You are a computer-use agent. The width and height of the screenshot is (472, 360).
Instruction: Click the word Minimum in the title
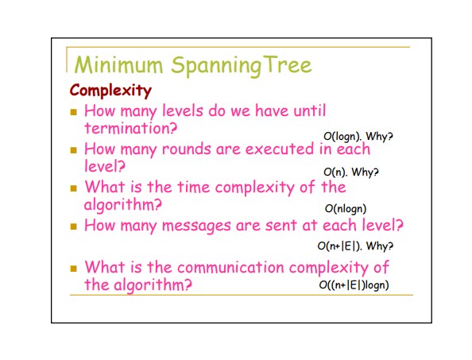click(x=118, y=64)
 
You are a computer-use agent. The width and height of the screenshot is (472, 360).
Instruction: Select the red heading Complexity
click(x=110, y=91)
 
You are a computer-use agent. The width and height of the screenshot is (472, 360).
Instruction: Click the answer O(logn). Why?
click(x=358, y=137)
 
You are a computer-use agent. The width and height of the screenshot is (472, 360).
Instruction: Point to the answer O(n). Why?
click(x=351, y=172)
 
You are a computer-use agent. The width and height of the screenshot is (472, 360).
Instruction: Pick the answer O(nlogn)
click(x=346, y=208)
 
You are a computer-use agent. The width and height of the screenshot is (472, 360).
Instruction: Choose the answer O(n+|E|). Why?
click(x=355, y=246)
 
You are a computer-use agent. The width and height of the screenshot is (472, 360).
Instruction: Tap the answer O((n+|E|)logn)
click(x=354, y=285)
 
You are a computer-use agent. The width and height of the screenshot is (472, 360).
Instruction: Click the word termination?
click(x=130, y=128)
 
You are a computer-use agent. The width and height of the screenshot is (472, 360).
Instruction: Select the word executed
click(x=280, y=149)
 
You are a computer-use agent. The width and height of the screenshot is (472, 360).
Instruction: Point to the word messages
click(x=196, y=226)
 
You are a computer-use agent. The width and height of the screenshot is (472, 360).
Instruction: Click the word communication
click(x=230, y=267)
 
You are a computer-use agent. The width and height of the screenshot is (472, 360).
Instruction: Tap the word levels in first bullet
click(x=183, y=110)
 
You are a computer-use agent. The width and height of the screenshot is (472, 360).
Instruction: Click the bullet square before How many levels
click(x=73, y=112)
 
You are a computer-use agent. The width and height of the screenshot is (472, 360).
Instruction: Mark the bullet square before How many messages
click(x=73, y=226)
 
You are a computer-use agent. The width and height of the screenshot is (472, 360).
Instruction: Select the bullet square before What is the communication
click(x=73, y=268)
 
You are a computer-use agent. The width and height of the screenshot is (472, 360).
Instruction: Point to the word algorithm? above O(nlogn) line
click(x=123, y=205)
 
